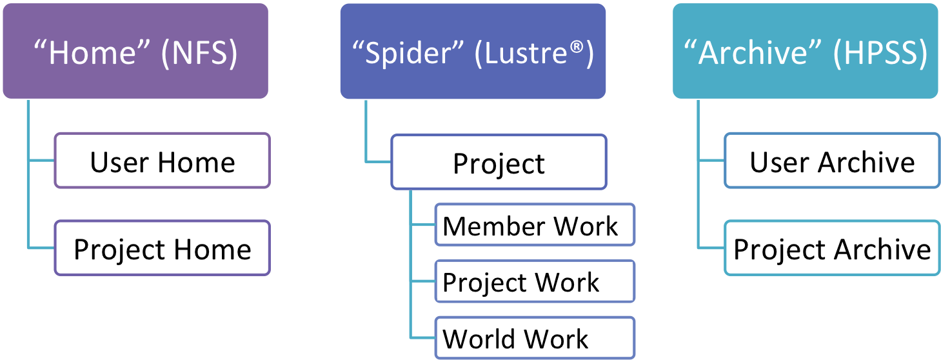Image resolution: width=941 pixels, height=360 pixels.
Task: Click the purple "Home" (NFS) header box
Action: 135,51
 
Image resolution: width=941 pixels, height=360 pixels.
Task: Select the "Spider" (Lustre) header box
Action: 473,51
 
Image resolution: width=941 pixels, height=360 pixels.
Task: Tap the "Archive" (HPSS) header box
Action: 806,51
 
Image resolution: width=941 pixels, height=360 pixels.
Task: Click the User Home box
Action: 162,161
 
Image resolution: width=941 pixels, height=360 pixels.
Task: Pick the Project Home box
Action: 162,248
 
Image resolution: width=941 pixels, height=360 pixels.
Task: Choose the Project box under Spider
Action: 499,162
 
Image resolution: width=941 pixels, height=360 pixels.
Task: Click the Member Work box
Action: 535,225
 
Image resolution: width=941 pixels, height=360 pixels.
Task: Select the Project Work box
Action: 535,281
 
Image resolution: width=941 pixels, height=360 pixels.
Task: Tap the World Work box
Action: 535,337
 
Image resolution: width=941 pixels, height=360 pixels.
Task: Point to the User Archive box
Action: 832,161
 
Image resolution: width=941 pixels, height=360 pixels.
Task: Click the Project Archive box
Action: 832,248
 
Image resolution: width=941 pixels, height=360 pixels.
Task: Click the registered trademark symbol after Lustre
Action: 577,46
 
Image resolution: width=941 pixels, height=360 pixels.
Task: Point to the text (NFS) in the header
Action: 199,53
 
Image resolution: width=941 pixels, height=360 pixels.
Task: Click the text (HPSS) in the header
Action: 880,53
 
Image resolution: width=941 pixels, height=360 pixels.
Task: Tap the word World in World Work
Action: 479,339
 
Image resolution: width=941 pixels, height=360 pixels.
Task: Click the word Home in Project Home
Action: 213,250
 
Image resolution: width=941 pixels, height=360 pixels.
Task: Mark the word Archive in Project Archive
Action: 882,250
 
